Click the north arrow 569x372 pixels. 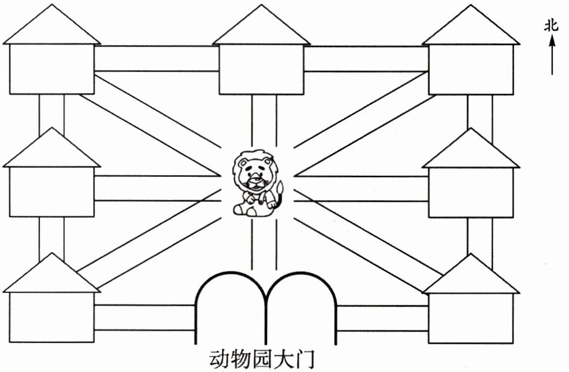(x=552, y=55)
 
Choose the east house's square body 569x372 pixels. (x=471, y=191)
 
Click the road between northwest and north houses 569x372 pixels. (x=157, y=59)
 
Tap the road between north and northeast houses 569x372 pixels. (x=366, y=59)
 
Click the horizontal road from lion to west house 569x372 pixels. (x=158, y=188)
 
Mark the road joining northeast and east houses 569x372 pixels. (x=480, y=114)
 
